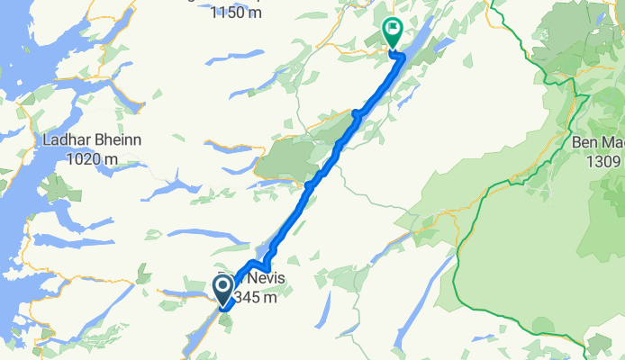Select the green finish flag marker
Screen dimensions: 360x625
(x=393, y=31)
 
